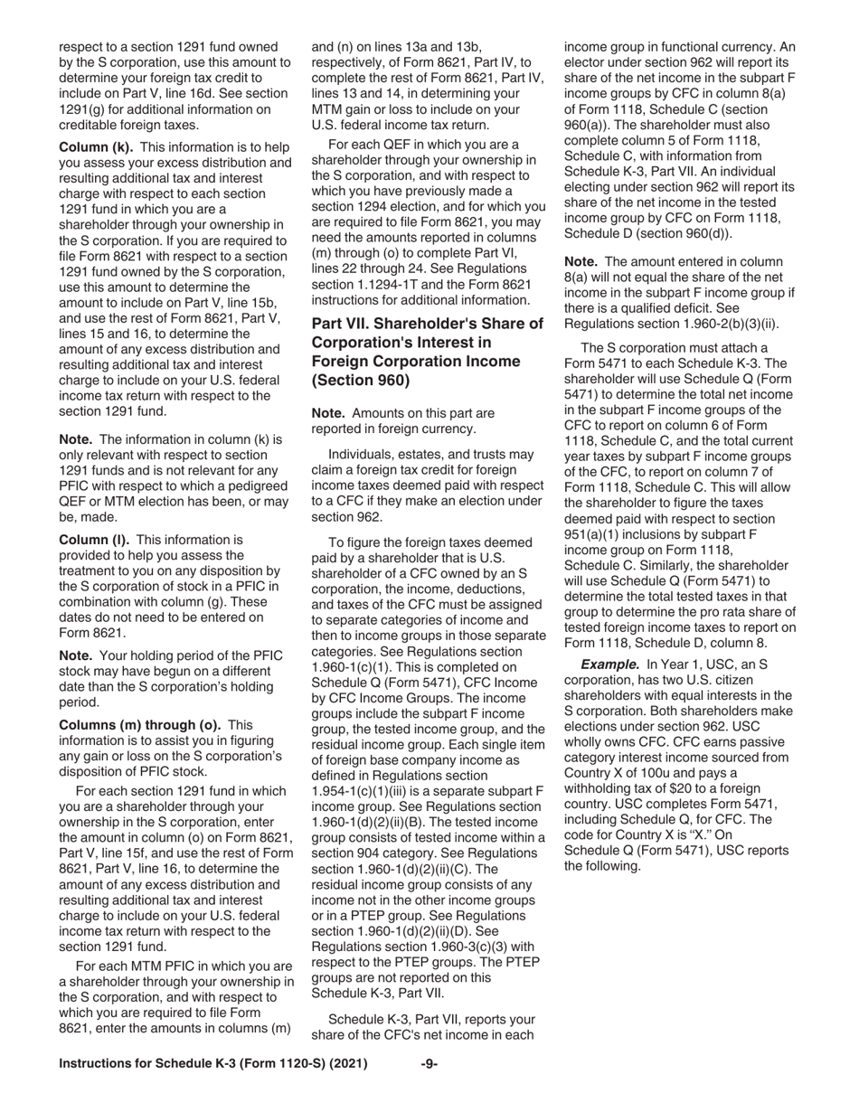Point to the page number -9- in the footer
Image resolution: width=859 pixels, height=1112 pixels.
click(429, 1064)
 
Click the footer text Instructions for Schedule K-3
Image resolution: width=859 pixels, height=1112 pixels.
click(212, 1064)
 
